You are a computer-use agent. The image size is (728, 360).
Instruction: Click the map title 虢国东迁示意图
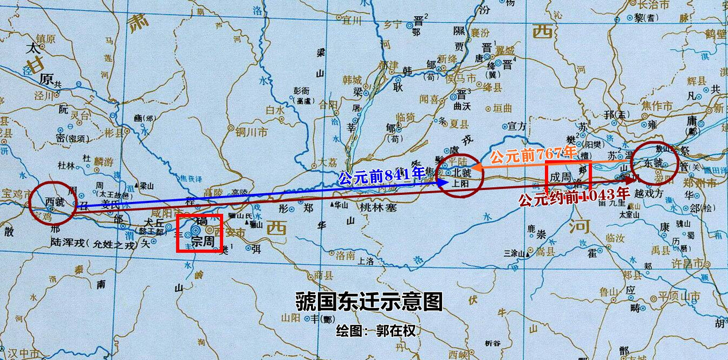tap(369, 302)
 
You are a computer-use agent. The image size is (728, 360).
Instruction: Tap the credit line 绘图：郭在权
tap(376, 330)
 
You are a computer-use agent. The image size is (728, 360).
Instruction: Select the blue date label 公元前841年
tap(382, 176)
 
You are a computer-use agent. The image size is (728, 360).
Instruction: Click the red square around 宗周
tap(199, 233)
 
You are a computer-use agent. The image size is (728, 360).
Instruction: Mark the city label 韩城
tap(353, 80)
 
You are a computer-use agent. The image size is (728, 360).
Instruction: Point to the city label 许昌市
tap(691, 264)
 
